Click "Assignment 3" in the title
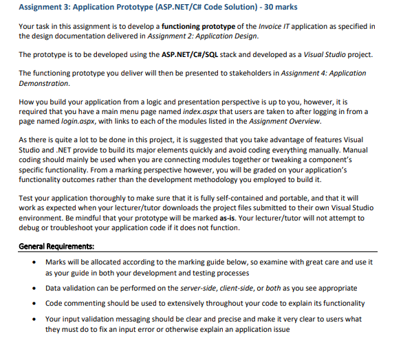pos(45,8)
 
